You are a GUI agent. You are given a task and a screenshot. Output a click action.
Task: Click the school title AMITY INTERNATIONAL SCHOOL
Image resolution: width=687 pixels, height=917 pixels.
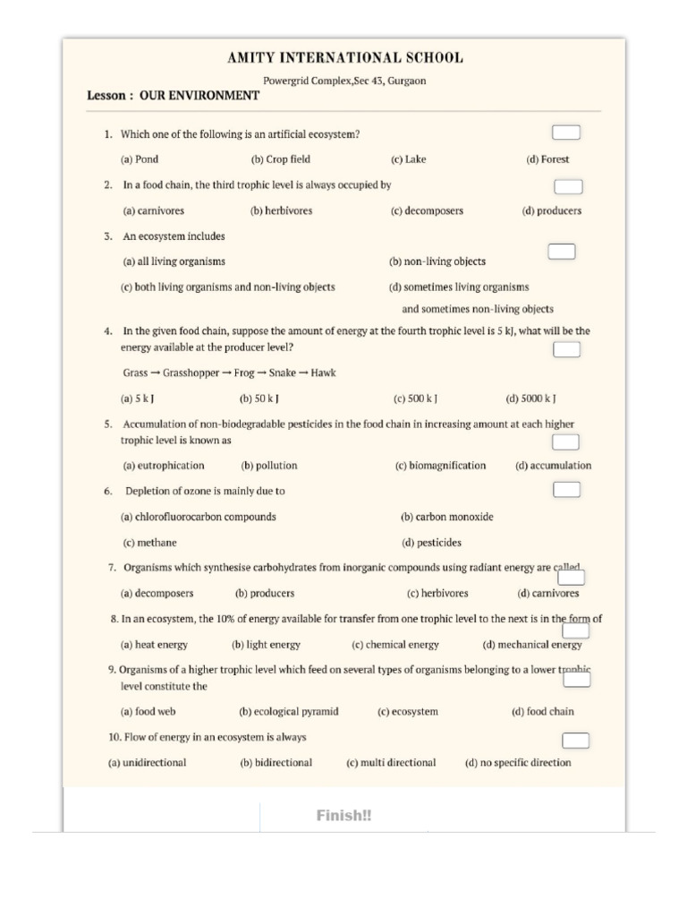[x=345, y=59]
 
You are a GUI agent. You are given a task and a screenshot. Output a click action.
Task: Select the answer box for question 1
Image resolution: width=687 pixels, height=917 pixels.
[x=565, y=133]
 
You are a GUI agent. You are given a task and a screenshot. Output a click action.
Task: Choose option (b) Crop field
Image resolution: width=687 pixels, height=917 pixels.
[x=281, y=159]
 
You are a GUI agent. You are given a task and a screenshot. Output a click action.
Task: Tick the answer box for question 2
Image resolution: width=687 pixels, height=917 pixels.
[x=568, y=186]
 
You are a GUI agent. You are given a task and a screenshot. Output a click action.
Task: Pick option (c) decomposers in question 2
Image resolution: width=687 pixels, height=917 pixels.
[x=427, y=211]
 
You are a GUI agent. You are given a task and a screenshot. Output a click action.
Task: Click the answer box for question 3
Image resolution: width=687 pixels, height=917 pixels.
[x=561, y=251]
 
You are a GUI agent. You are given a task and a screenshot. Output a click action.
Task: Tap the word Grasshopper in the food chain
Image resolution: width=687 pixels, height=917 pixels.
[x=191, y=373]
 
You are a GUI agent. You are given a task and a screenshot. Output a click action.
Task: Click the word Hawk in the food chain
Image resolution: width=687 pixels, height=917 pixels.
[x=323, y=373]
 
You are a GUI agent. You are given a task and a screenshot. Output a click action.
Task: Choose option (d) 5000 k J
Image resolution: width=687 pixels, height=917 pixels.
[x=531, y=399]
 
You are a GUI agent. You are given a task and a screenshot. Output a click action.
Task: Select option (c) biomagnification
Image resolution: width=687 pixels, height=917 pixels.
[x=440, y=466]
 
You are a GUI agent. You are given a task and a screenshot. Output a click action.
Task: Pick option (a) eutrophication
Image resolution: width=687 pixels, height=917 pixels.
[x=163, y=466]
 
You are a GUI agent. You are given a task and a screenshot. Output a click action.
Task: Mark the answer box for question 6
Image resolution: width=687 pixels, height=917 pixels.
[x=566, y=490]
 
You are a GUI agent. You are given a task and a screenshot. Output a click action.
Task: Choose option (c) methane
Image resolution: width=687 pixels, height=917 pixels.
[x=149, y=543]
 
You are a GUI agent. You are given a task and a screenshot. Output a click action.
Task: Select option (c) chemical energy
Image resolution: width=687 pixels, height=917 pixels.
[x=395, y=645]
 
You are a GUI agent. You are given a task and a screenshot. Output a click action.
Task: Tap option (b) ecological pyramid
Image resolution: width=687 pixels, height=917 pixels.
[x=289, y=712]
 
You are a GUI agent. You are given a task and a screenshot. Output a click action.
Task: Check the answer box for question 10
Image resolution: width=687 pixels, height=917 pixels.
[x=575, y=740]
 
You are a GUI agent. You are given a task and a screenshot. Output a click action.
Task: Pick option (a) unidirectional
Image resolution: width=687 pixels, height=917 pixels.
[x=148, y=763]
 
